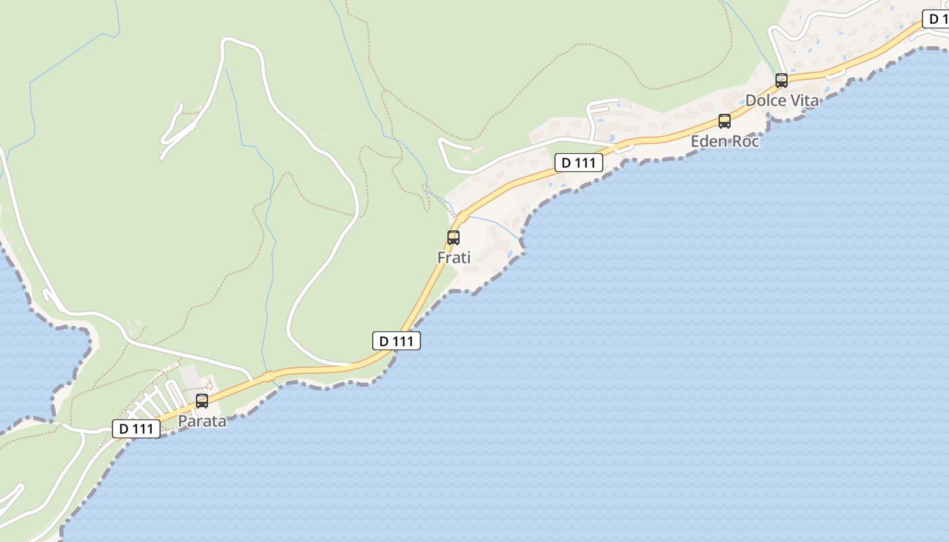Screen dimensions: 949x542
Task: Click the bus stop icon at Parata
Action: [202, 401]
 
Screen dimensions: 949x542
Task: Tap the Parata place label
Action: [202, 421]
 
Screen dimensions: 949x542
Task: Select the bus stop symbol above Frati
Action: [453, 238]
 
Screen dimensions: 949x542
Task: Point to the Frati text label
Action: [453, 257]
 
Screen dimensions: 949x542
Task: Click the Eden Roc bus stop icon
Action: [725, 121]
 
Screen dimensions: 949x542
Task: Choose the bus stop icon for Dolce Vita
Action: [782, 81]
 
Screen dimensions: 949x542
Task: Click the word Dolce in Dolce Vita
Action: [765, 100]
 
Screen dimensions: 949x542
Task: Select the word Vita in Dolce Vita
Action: [804, 100]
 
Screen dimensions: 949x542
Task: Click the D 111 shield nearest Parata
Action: [136, 429]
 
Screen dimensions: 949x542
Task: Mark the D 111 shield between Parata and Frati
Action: [397, 341]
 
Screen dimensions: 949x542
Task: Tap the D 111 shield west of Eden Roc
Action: [579, 163]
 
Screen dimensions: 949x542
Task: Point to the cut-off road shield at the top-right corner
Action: [937, 20]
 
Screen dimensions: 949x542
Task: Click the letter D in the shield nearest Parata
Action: [124, 429]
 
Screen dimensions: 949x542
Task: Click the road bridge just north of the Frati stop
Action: [462, 217]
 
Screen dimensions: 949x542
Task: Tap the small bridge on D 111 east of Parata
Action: [268, 376]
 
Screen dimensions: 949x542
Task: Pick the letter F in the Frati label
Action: [441, 257]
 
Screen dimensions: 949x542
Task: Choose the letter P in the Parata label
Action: [182, 421]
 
